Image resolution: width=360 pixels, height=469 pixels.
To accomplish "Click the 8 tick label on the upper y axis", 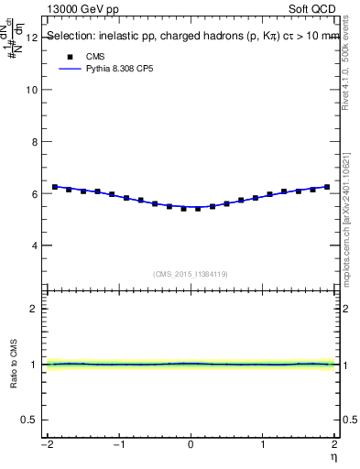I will pos(34,142).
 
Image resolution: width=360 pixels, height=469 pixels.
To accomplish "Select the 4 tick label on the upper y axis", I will pos(34,245).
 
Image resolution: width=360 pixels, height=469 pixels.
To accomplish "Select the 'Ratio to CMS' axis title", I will pos(14,364).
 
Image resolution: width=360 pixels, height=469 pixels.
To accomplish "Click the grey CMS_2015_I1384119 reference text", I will pos(191,273).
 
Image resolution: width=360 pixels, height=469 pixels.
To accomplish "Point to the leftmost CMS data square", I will pos(55,187).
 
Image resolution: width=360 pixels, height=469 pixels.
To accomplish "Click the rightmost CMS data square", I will pos(327,187).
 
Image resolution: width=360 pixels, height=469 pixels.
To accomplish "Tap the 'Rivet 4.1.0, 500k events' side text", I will pos(351,69).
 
